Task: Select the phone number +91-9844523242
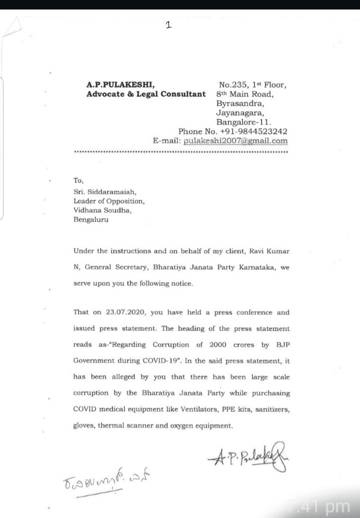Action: coord(254,132)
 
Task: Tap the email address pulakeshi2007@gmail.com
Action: coord(235,141)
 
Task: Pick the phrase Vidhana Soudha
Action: coord(102,210)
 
